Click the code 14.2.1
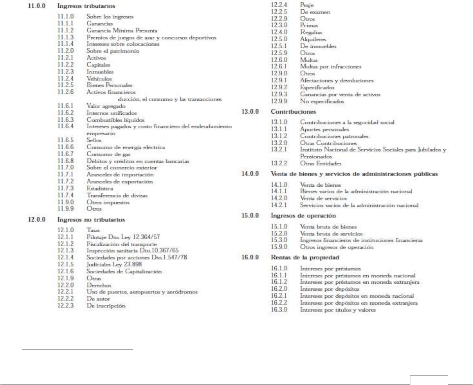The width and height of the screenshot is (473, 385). coord(279,205)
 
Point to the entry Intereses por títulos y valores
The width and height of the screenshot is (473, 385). coord(337,310)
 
